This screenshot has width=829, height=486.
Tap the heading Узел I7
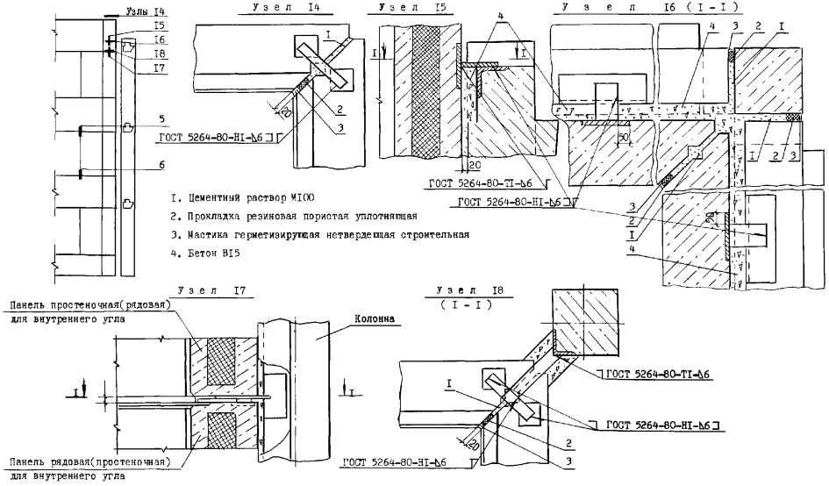(x=212, y=289)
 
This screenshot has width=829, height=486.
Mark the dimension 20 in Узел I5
(x=474, y=163)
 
